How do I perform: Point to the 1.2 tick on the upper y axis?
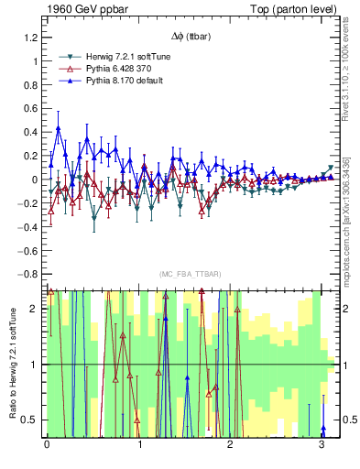(29, 38)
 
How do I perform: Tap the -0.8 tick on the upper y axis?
(27, 274)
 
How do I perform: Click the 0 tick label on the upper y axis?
(36, 180)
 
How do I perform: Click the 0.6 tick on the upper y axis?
(29, 109)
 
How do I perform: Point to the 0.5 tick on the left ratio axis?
(29, 420)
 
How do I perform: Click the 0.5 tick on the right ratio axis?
(348, 420)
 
